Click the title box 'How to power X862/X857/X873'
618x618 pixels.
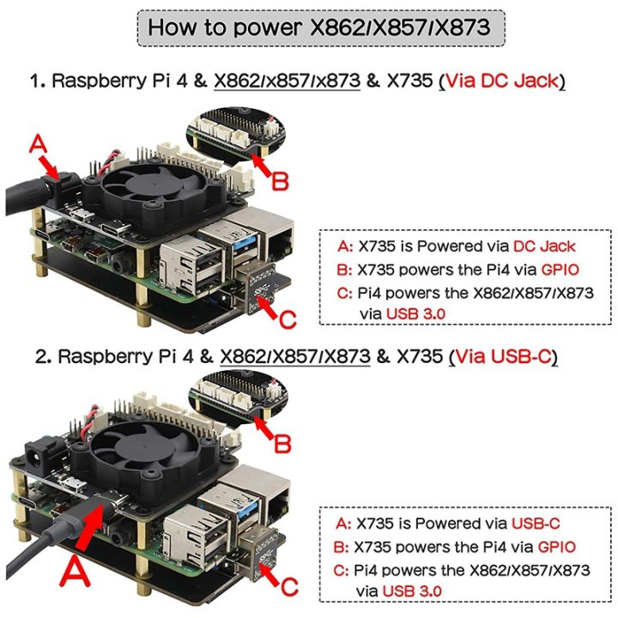[x=319, y=27]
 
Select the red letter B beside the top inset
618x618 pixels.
[x=280, y=182]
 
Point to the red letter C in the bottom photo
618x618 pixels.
[x=289, y=585]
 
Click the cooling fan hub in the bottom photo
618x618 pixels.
[x=139, y=447]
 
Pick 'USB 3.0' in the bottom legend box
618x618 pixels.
[x=413, y=591]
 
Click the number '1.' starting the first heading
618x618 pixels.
[x=38, y=82]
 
